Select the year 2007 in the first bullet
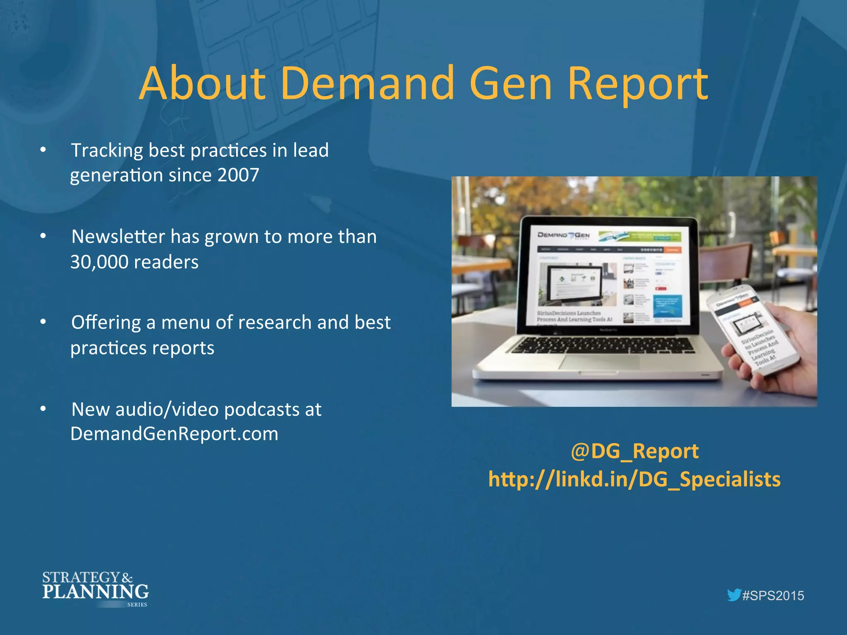pos(239,175)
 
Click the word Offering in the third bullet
pos(106,322)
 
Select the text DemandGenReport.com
pos(174,434)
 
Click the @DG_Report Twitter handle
pos(634,451)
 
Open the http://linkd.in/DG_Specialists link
pos(634,480)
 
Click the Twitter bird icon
pos(734,595)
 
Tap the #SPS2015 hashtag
pos(773,596)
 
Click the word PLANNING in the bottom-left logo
pos(95,592)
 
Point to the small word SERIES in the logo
pos(137,604)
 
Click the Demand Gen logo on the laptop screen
pos(563,235)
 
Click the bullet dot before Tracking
pos(43,150)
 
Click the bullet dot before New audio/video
pos(43,409)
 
